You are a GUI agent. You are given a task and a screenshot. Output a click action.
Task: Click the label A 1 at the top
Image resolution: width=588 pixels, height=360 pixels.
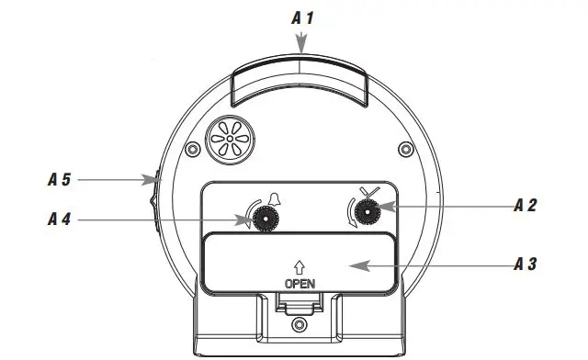tap(302, 17)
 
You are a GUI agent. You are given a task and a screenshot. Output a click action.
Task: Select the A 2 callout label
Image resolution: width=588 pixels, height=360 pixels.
tap(526, 205)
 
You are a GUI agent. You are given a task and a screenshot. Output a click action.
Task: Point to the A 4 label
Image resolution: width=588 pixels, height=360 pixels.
tap(59, 219)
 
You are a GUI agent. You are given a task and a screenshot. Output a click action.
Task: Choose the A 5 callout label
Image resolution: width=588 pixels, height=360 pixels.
tap(59, 180)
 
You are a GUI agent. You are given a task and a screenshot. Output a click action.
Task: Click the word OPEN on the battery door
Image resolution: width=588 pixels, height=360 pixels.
tap(300, 283)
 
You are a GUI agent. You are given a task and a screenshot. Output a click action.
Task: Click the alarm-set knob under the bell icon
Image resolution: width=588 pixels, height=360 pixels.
tap(267, 219)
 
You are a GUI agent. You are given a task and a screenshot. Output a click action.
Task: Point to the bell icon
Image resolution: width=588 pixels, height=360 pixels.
tap(272, 198)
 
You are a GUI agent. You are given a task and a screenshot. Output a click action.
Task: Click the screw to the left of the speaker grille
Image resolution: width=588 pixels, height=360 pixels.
tap(191, 150)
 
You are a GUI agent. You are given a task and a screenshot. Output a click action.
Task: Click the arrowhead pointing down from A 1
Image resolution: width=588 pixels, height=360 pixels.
tap(302, 46)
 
